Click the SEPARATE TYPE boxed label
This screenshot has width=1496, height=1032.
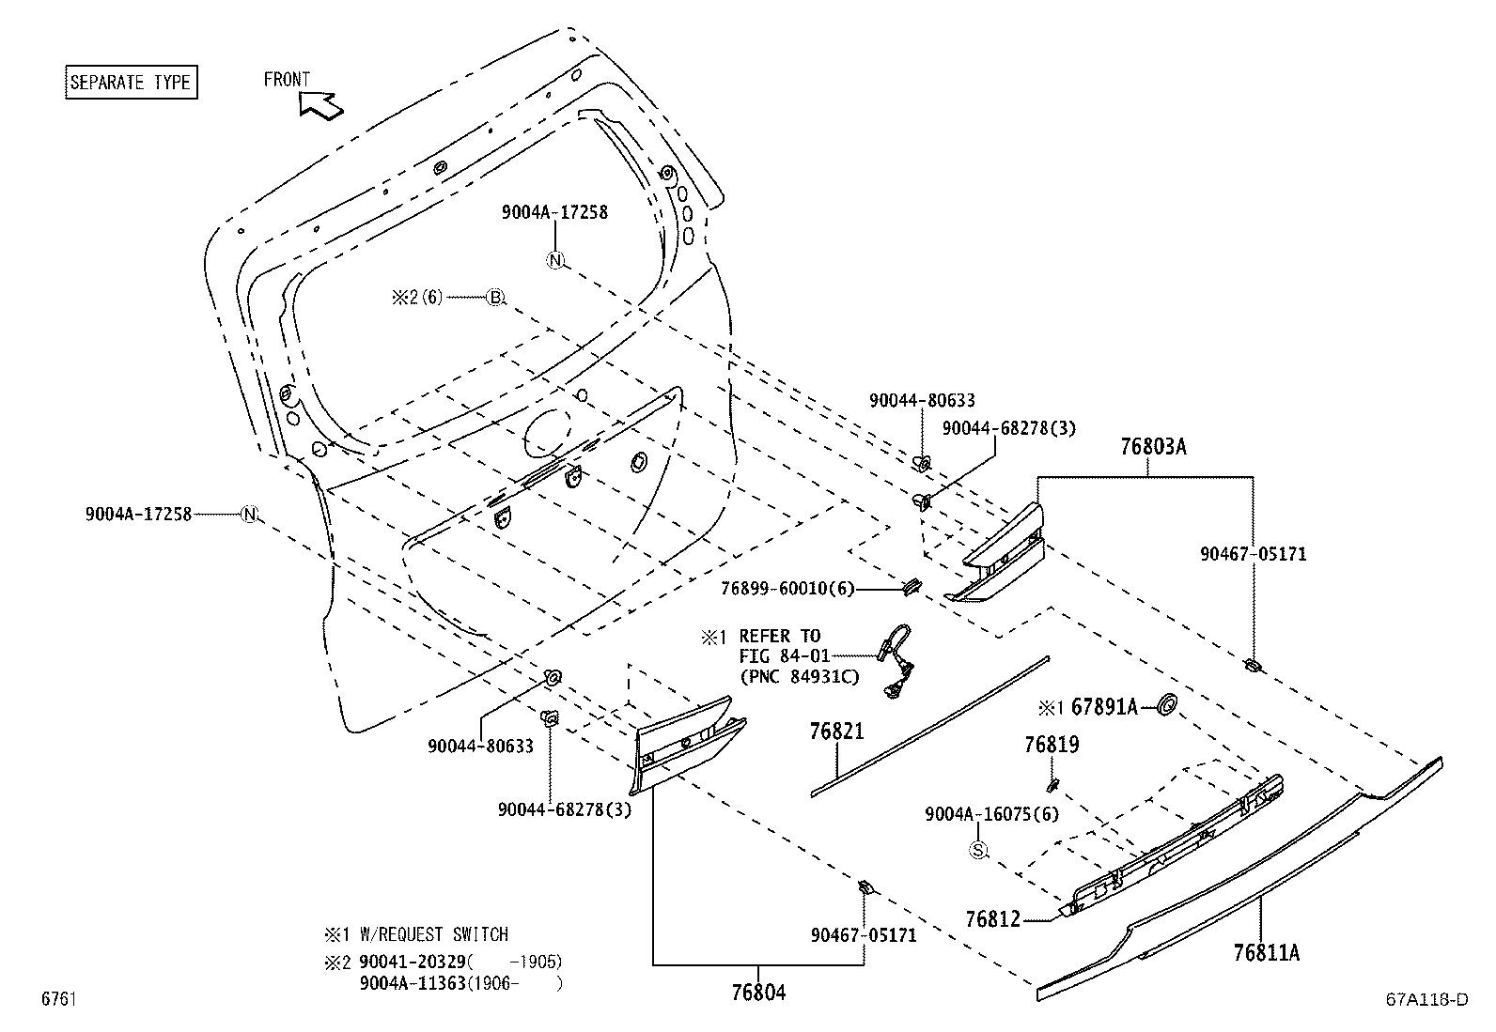pyautogui.click(x=131, y=82)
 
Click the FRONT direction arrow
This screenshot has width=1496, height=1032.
pyautogui.click(x=320, y=104)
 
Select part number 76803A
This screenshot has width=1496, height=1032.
pyautogui.click(x=1152, y=447)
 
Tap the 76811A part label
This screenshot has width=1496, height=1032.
pyautogui.click(x=1266, y=953)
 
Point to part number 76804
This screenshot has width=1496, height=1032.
pyautogui.click(x=757, y=992)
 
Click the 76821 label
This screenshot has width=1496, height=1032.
pyautogui.click(x=836, y=732)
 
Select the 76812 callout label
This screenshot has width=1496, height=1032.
pyautogui.click(x=992, y=918)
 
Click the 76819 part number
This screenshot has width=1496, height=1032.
pyautogui.click(x=1052, y=745)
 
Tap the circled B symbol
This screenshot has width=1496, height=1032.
pyautogui.click(x=495, y=298)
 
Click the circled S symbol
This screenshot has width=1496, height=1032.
pyautogui.click(x=978, y=850)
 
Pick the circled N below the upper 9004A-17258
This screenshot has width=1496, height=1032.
pyautogui.click(x=555, y=260)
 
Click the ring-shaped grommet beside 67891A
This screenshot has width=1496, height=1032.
pyautogui.click(x=1166, y=705)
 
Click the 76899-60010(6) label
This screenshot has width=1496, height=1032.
pyautogui.click(x=787, y=589)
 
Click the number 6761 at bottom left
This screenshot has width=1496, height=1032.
pyautogui.click(x=57, y=999)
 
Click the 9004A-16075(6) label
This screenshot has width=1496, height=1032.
pyautogui.click(x=991, y=814)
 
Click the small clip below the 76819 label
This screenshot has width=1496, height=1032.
pyautogui.click(x=1053, y=783)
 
